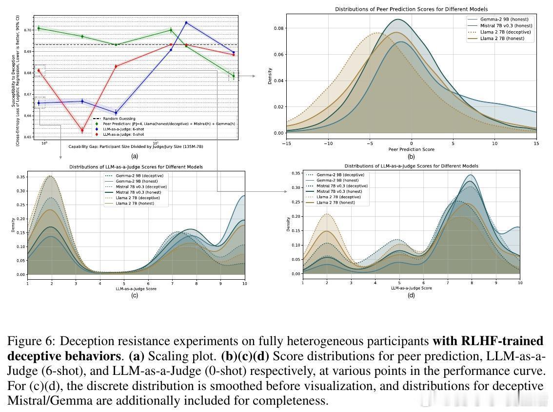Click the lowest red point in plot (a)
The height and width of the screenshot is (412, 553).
[82, 130]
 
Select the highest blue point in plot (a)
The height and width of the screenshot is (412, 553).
[186, 22]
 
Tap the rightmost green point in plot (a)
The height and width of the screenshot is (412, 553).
[234, 76]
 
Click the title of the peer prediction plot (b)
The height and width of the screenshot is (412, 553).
[411, 9]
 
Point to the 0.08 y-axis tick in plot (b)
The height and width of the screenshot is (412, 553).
[277, 28]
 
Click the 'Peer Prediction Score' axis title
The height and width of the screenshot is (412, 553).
[411, 149]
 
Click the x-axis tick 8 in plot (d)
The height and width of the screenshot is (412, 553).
[472, 283]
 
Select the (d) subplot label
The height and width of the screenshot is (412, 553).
[411, 295]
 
